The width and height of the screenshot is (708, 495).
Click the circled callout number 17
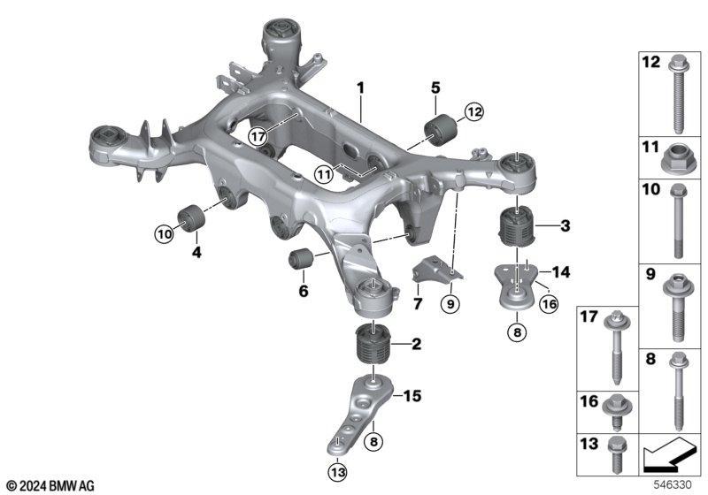258,137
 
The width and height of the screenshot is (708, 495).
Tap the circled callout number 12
474,111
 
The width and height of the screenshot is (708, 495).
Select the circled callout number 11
323,174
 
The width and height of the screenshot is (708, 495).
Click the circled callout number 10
165,234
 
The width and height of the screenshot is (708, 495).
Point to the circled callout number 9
450,304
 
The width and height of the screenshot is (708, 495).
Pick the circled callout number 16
549,304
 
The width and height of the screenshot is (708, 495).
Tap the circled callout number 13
338,472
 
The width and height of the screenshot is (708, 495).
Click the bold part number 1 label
360,88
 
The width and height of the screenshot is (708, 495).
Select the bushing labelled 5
441,130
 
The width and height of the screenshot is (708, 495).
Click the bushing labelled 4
191,217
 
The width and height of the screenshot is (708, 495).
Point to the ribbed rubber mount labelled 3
516,225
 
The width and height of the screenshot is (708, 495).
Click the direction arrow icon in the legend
668,454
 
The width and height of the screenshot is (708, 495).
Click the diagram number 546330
673,485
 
